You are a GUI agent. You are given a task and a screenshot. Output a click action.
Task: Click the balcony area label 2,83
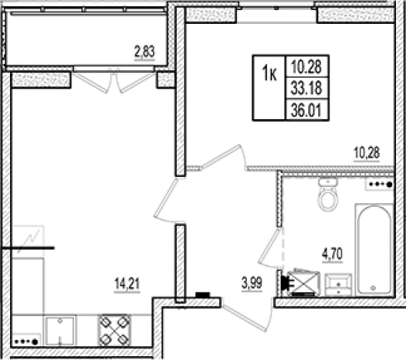(145, 52)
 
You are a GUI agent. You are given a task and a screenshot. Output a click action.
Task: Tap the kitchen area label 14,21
(127, 284)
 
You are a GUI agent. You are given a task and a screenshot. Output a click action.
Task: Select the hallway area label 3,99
(251, 283)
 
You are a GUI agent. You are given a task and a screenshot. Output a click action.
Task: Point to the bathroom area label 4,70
(332, 254)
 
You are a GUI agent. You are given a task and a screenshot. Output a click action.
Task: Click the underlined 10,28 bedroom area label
(367, 153)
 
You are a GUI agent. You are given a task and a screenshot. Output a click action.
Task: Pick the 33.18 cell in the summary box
(307, 88)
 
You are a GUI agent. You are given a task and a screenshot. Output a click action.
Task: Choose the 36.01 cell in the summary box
(307, 110)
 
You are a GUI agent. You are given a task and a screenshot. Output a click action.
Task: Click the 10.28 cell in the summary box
(307, 66)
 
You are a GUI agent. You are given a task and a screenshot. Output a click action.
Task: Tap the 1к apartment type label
(269, 74)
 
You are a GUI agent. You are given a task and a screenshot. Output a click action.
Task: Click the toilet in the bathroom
(328, 195)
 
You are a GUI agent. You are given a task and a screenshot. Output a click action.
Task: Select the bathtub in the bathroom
(374, 250)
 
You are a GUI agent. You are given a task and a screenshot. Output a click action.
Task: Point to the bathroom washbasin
(338, 285)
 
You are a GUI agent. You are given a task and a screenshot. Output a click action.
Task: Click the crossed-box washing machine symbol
(304, 283)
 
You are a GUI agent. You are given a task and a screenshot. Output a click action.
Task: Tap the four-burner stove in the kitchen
(115, 330)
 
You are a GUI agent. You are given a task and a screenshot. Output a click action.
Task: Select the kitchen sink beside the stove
(60, 331)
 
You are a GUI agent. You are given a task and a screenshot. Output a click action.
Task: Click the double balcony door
(114, 82)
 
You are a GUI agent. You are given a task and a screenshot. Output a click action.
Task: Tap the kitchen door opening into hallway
(167, 199)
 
